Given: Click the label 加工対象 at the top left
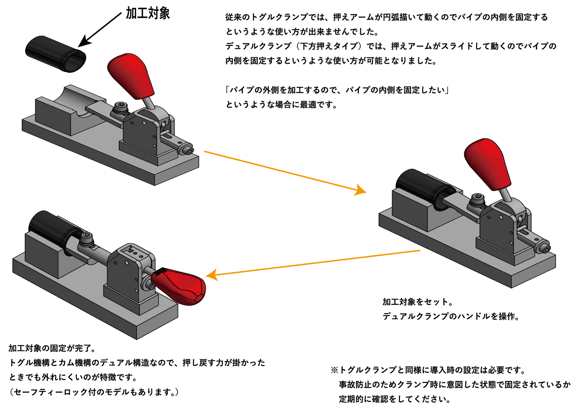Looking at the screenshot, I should [x=148, y=13].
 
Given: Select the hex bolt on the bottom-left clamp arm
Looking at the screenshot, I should [x=87, y=237].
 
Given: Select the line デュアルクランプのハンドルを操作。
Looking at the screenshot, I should [x=451, y=317].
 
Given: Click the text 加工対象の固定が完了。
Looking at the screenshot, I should [x=52, y=348].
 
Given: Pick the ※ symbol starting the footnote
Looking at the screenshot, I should [x=334, y=370].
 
